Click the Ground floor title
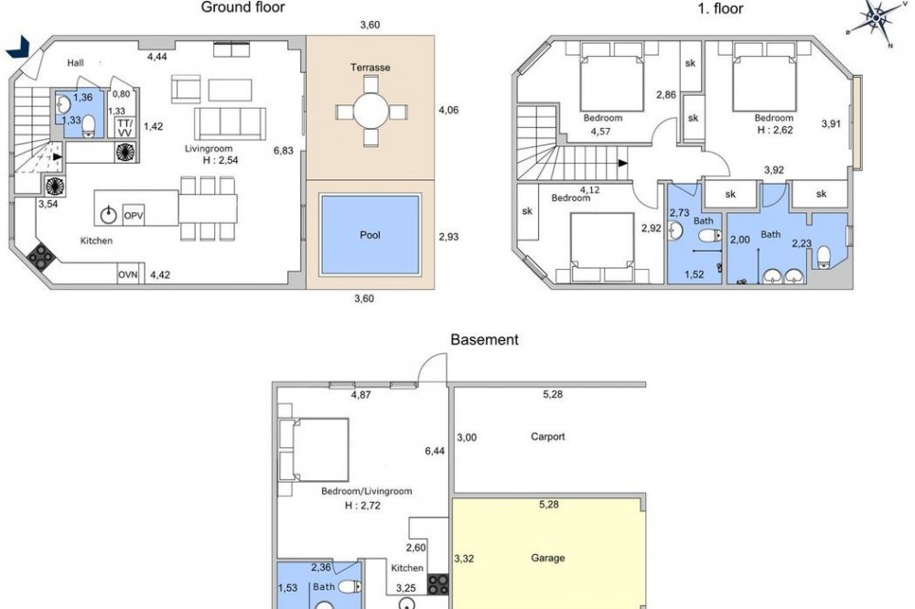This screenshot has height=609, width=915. [x=242, y=7]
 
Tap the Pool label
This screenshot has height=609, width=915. [x=370, y=235]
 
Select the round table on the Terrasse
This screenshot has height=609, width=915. [x=371, y=111]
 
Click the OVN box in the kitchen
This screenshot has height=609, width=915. [x=128, y=274]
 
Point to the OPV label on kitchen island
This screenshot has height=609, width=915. [x=134, y=216]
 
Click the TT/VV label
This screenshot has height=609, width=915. [x=124, y=128]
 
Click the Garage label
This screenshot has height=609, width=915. [x=547, y=558]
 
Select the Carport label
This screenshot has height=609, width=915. [x=548, y=436]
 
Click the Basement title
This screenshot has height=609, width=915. [x=484, y=339]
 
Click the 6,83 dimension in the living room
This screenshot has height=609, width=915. [x=284, y=151]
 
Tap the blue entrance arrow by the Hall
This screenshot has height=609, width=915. [x=17, y=47]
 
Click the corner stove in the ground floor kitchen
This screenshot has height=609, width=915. [x=39, y=257]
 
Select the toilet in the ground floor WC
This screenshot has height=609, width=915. [x=89, y=125]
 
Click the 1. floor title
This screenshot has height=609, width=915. [x=721, y=8]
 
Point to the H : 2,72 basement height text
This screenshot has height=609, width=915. [x=362, y=506]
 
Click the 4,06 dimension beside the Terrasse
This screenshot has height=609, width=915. [x=448, y=110]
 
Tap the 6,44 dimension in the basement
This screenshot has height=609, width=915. [x=435, y=451]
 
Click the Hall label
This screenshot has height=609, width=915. [x=75, y=63]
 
